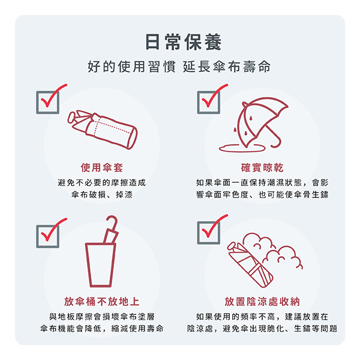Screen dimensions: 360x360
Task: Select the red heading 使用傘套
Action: pyautogui.click(x=102, y=167)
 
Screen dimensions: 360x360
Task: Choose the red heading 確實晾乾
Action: pyautogui.click(x=262, y=167)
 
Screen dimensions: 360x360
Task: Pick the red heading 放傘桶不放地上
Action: pyautogui.click(x=102, y=301)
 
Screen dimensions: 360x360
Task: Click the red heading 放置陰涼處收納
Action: pyautogui.click(x=262, y=301)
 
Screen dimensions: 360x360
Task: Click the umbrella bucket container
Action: pyautogui.click(x=101, y=265)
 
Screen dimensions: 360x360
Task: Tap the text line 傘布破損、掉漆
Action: pyautogui.click(x=102, y=195)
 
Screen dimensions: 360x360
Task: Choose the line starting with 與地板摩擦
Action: pyautogui.click(x=102, y=316)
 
